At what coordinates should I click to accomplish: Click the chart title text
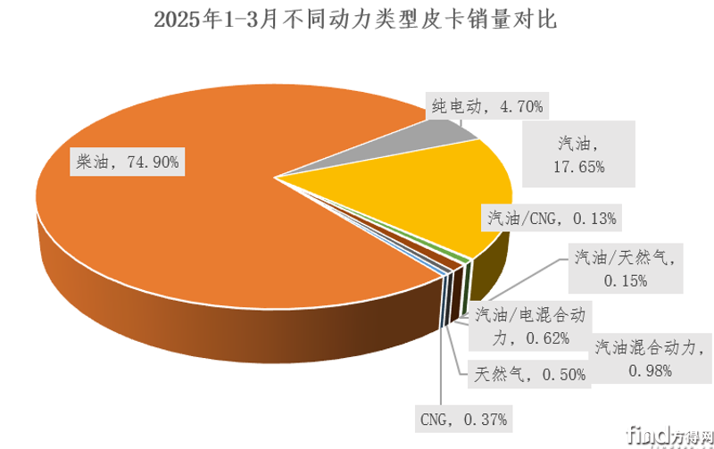click(x=354, y=21)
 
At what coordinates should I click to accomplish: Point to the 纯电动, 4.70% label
click(x=483, y=107)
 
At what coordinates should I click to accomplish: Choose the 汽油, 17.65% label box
click(x=580, y=154)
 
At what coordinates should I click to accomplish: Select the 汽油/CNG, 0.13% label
click(x=550, y=217)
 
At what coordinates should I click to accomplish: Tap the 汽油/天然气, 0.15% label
click(x=622, y=270)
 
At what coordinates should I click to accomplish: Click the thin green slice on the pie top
click(x=467, y=258)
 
